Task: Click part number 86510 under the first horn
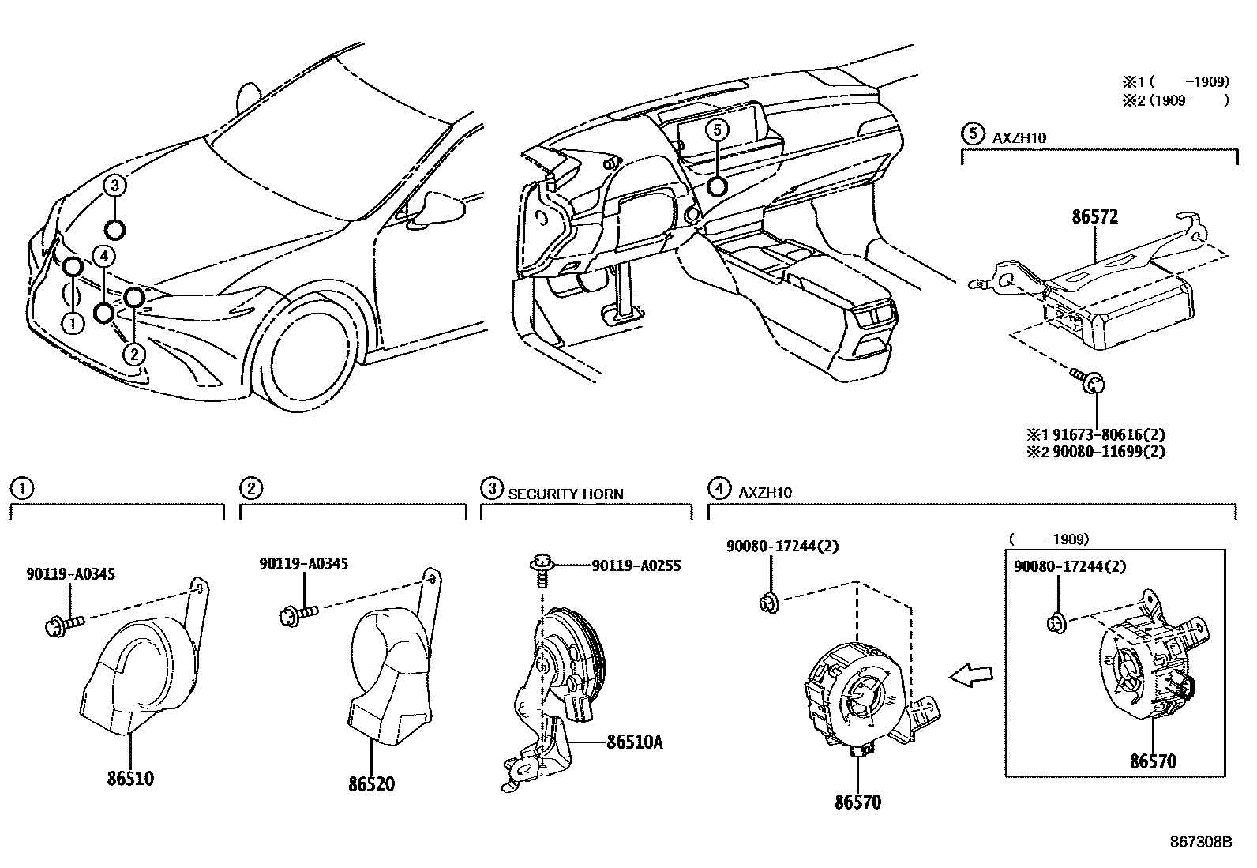(x=130, y=778)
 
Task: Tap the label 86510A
(x=634, y=742)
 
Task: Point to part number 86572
(x=1094, y=216)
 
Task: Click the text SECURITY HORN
(x=565, y=494)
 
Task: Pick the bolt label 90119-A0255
(x=636, y=566)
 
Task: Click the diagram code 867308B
(x=1200, y=842)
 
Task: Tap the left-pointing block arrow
(x=970, y=674)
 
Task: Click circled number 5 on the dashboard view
(x=716, y=130)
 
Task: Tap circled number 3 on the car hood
(x=115, y=186)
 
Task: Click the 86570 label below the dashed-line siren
(x=857, y=802)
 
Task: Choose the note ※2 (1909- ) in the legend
(x=1176, y=100)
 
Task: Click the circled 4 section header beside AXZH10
(x=719, y=489)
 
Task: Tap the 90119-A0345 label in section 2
(x=304, y=563)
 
